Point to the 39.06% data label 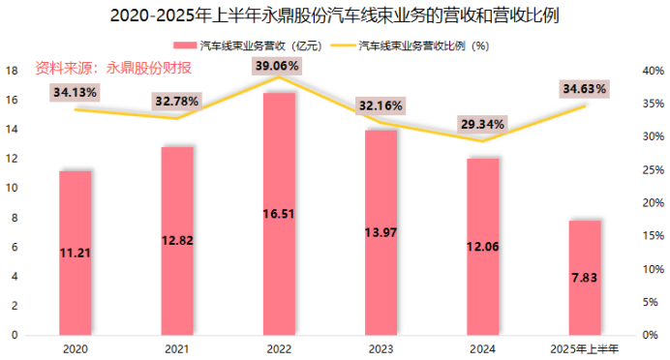point(278,66)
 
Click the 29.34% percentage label point(481,125)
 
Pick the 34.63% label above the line point(585,89)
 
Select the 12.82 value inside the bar point(176,241)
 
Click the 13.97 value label point(380,232)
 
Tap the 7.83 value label point(585,278)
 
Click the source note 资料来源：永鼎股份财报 point(113,68)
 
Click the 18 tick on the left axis point(12,71)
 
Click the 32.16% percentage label point(380,104)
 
